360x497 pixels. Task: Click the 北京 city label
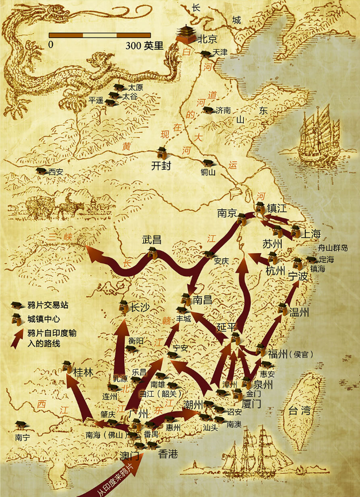208,40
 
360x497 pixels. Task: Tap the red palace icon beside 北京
186,35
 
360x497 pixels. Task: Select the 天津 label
220,52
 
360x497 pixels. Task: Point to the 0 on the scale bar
51,45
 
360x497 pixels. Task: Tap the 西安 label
56,171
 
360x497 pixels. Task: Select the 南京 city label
227,213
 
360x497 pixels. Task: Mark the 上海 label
311,234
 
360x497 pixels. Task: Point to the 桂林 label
83,372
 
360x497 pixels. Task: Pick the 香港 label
168,454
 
